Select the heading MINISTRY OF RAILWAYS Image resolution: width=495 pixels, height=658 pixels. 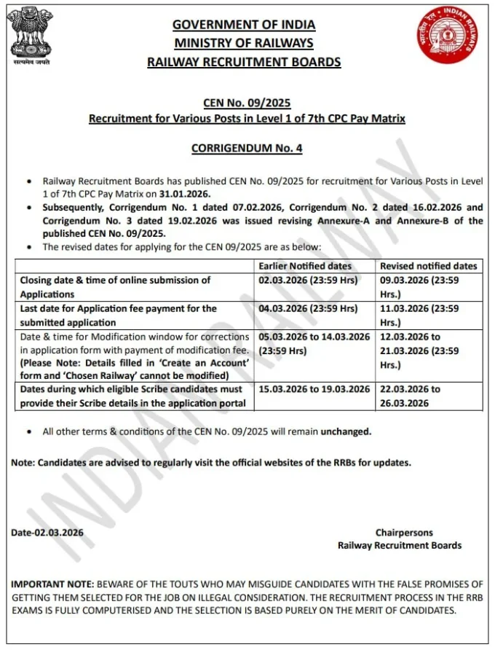pyautogui.click(x=244, y=43)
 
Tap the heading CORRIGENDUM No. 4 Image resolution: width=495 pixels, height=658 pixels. pyautogui.click(x=247, y=148)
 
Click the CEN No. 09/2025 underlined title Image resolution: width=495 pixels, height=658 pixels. pyautogui.click(x=247, y=103)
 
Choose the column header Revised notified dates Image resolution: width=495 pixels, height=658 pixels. pyautogui.click(x=429, y=266)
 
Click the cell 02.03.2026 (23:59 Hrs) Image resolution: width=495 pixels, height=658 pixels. pyautogui.click(x=309, y=280)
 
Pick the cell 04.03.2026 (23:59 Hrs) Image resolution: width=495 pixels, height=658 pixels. pyautogui.click(x=309, y=308)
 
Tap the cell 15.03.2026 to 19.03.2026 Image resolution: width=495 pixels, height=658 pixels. pyautogui.click(x=314, y=388)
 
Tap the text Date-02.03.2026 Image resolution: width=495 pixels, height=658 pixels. pyautogui.click(x=47, y=533)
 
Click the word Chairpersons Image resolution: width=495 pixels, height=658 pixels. pyautogui.click(x=404, y=533)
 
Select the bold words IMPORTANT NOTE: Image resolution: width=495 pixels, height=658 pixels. pyautogui.click(x=52, y=584)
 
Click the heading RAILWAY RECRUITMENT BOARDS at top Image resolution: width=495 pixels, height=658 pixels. pyautogui.click(x=244, y=62)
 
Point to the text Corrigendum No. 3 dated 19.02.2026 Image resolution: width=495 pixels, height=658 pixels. pyautogui.click(x=128, y=220)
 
